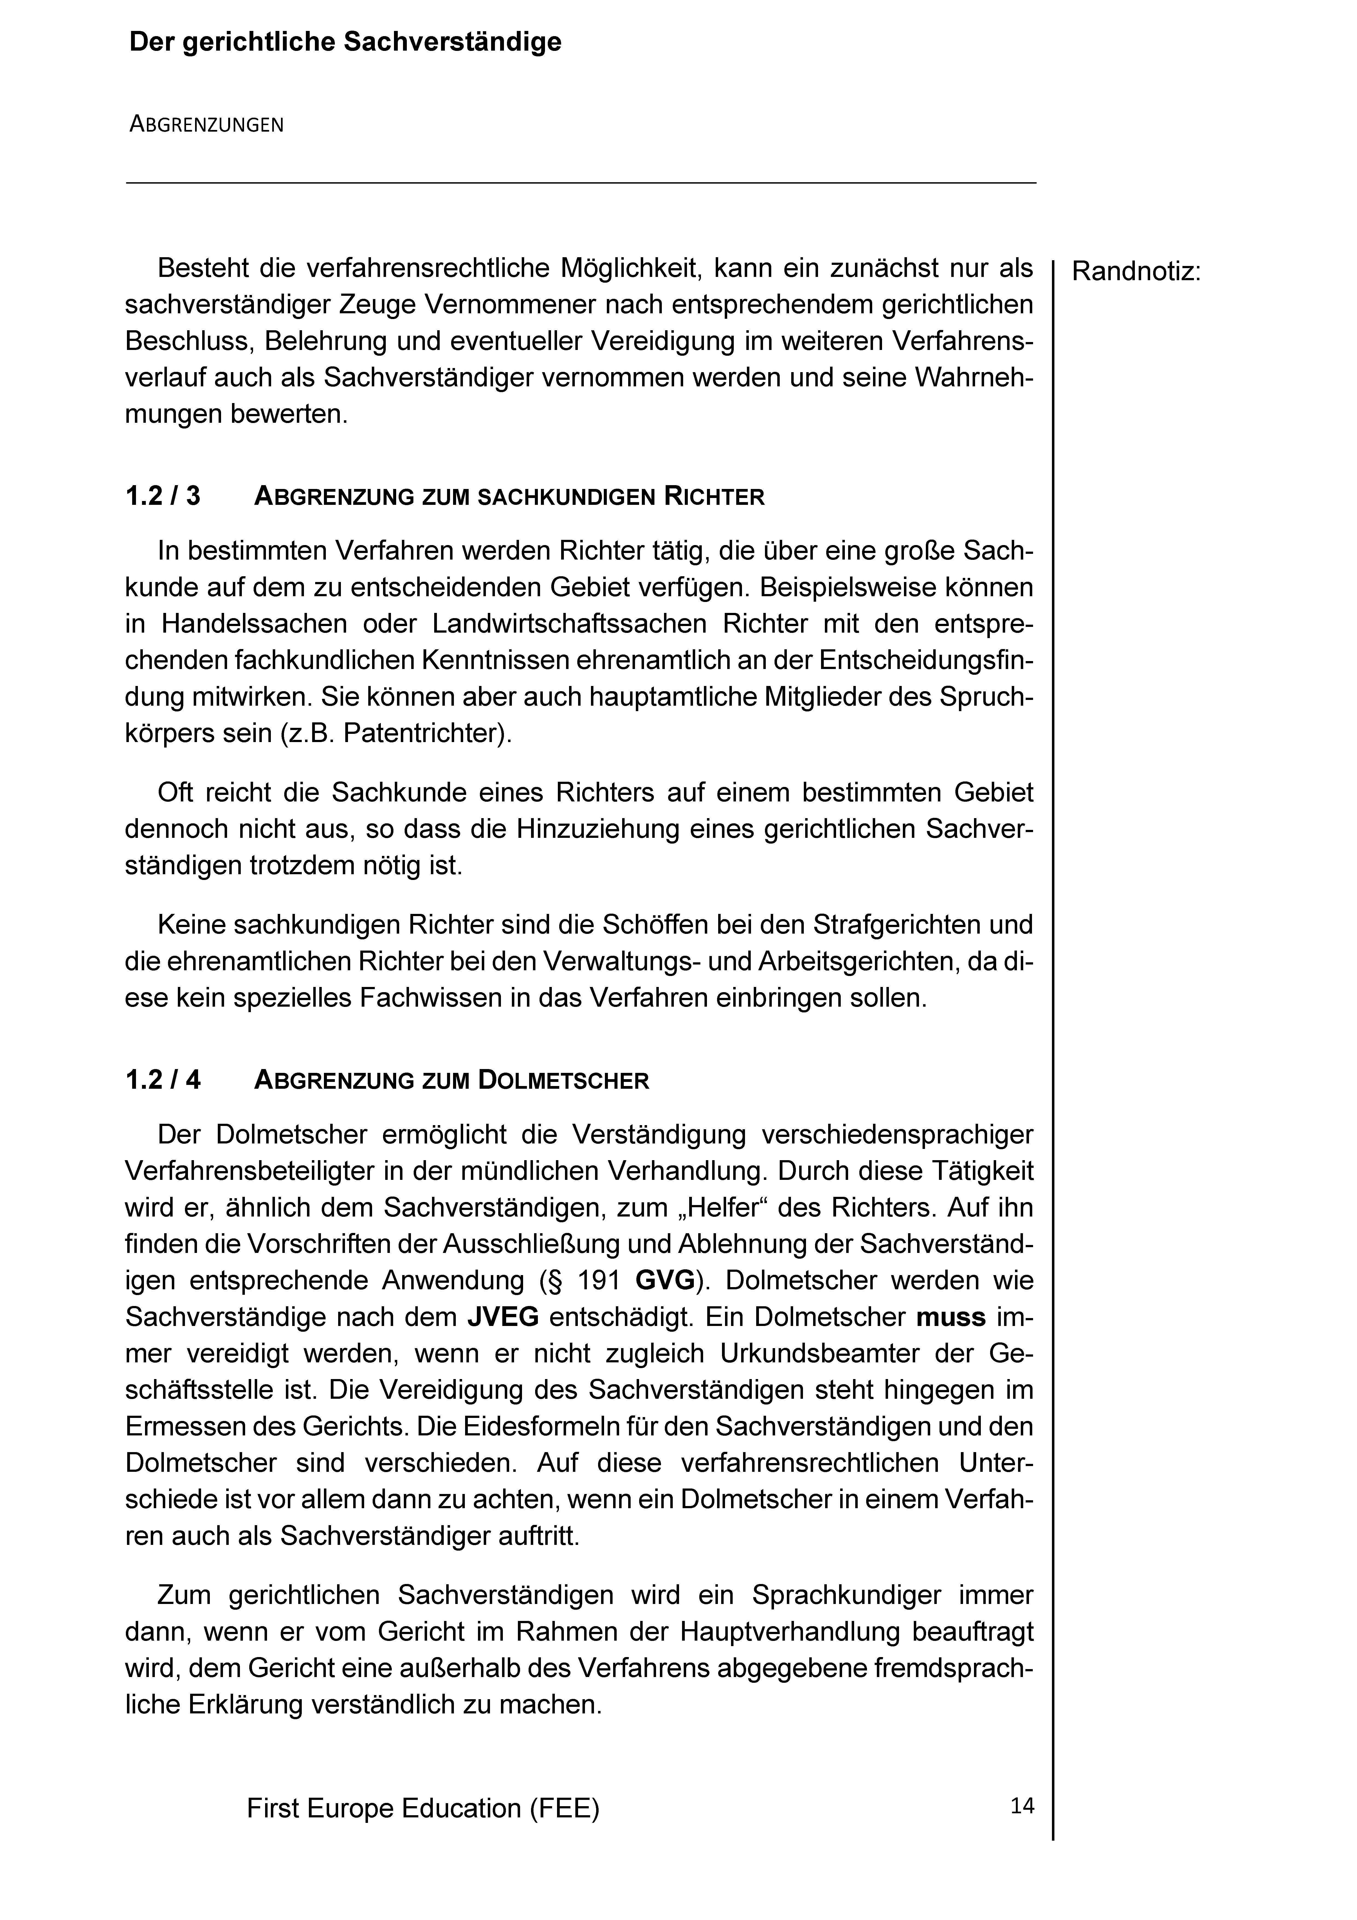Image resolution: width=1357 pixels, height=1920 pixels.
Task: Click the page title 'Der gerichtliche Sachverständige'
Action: click(x=344, y=43)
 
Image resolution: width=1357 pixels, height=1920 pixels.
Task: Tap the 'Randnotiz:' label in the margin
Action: click(x=1135, y=272)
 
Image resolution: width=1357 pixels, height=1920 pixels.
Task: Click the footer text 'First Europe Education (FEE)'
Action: click(x=423, y=1809)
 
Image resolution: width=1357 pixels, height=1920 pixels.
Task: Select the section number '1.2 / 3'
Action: click(x=163, y=497)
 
